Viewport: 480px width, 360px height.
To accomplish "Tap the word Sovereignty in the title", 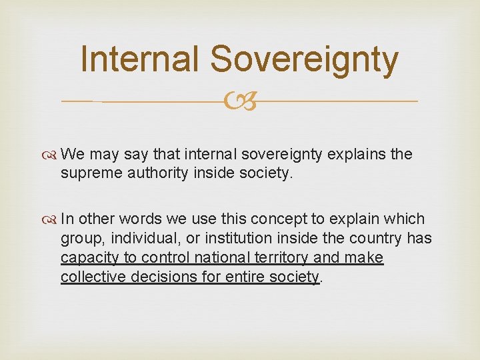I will coord(304,59).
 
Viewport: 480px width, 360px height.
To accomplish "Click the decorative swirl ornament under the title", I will coord(240,102).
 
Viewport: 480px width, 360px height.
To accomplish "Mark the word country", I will coord(377,238).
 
